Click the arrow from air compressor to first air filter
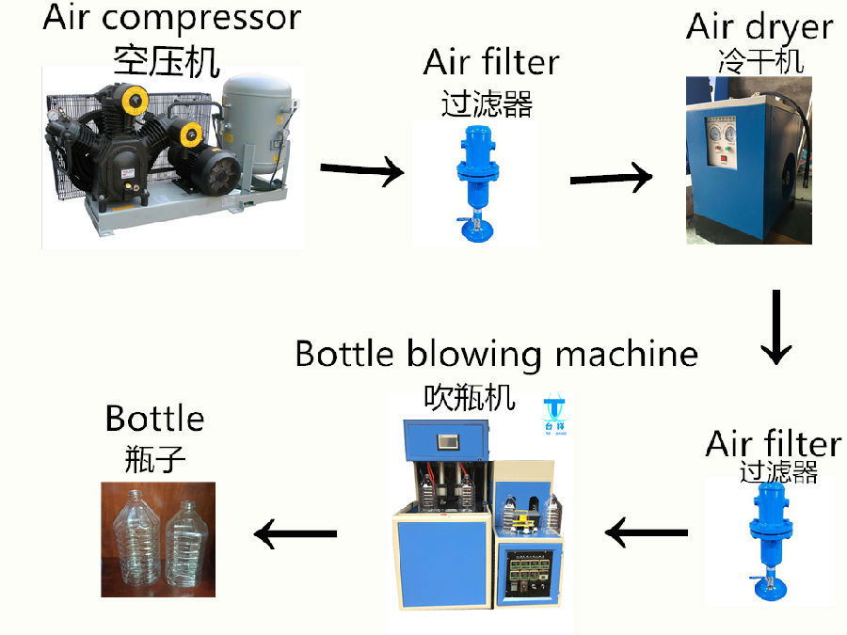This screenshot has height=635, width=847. pyautogui.click(x=361, y=171)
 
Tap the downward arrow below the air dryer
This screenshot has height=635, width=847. pyautogui.click(x=777, y=326)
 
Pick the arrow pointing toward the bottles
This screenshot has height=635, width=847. pyautogui.click(x=296, y=535)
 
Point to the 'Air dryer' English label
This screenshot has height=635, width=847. pyautogui.click(x=759, y=26)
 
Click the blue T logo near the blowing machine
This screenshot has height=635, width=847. pyautogui.click(x=553, y=412)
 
